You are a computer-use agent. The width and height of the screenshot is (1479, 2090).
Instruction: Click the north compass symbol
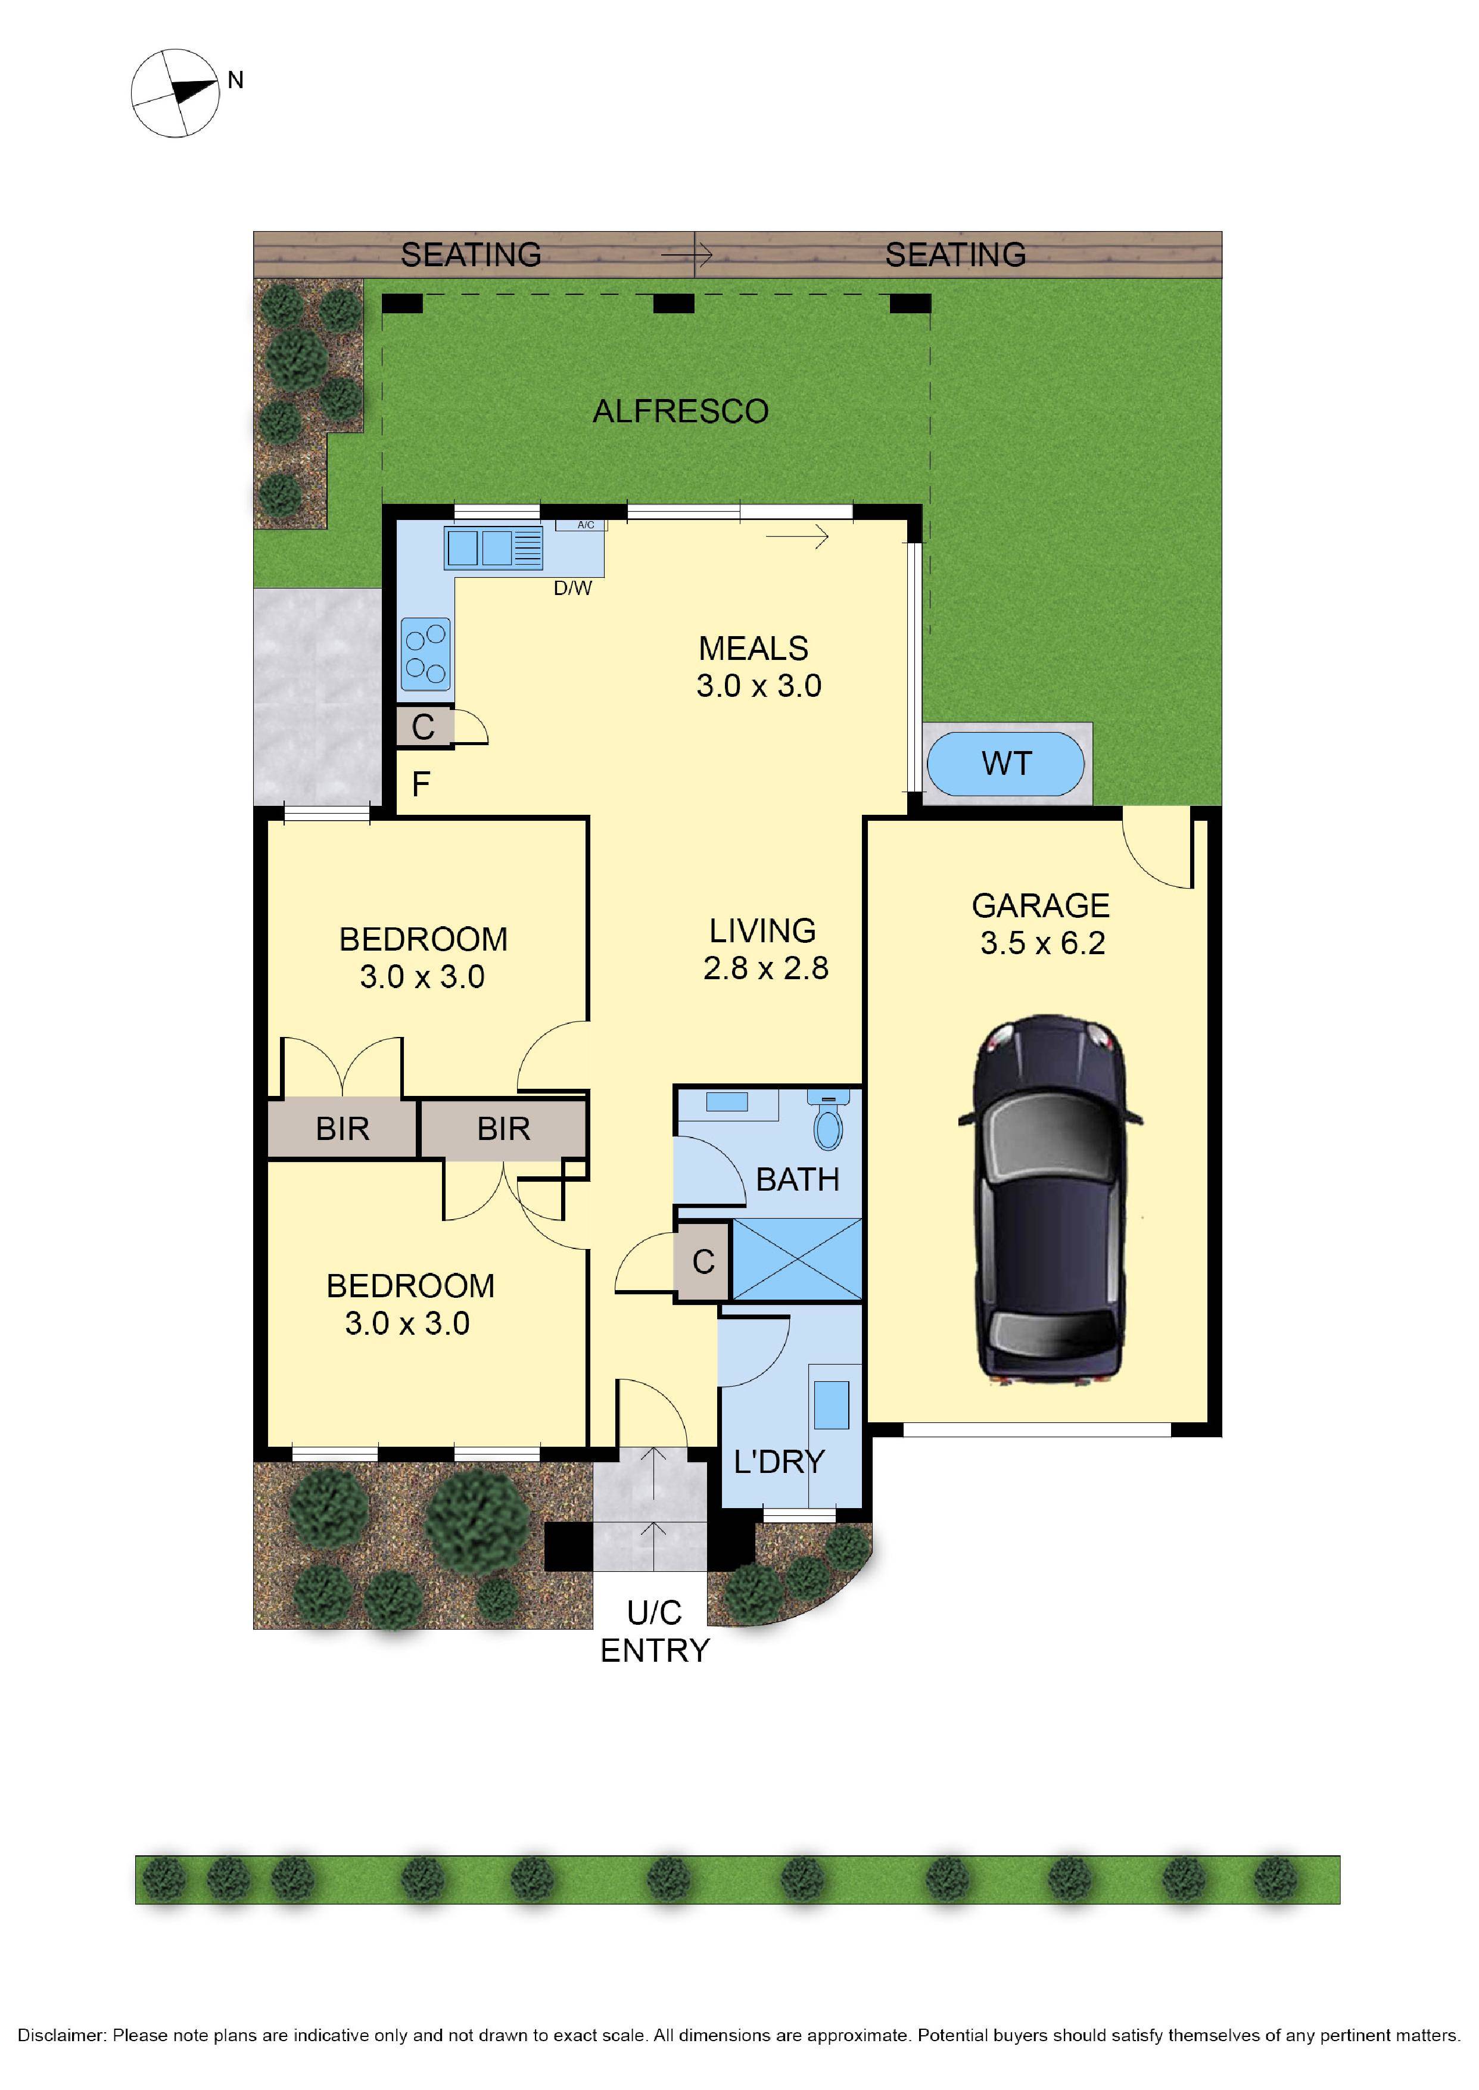(175, 93)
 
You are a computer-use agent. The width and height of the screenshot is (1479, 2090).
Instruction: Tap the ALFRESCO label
(680, 412)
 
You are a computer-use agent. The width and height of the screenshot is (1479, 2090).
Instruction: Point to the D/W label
(573, 588)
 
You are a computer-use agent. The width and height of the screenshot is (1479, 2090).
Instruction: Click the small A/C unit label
(586, 525)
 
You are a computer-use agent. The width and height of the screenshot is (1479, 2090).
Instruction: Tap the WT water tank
(1005, 763)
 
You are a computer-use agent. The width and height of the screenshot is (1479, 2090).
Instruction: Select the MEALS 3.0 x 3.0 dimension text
(759, 685)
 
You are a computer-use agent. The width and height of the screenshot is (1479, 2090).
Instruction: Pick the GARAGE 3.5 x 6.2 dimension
(1042, 942)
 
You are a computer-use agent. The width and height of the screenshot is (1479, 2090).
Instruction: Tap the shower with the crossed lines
(797, 1260)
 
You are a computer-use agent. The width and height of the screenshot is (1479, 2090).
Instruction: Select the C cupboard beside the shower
(702, 1262)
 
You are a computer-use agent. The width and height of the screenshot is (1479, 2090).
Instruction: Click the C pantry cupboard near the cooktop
(422, 727)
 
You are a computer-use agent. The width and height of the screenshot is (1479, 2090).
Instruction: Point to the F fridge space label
(421, 784)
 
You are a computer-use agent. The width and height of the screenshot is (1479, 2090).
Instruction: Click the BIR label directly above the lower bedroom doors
(503, 1129)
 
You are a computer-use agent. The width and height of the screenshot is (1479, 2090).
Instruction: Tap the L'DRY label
(779, 1462)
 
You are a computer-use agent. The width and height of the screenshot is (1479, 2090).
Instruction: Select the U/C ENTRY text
(654, 1632)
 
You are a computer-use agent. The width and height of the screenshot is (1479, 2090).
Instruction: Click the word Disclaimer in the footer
(61, 2035)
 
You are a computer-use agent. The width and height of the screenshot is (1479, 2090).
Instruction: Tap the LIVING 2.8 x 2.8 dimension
(765, 967)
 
